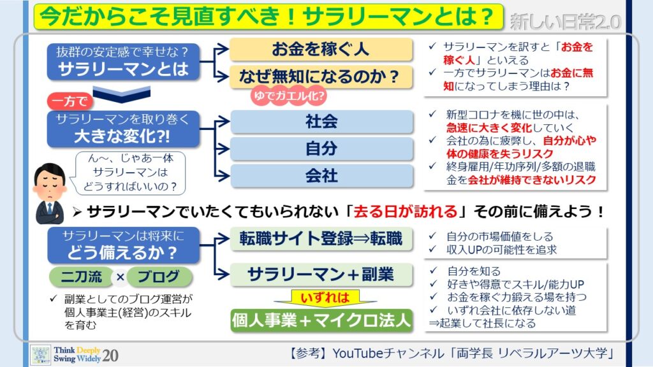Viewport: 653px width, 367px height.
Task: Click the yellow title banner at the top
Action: click(x=268, y=17)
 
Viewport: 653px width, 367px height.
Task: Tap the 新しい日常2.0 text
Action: click(x=565, y=22)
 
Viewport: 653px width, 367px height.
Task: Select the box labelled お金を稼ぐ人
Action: click(x=321, y=49)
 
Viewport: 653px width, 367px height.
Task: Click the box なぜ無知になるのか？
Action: click(x=321, y=76)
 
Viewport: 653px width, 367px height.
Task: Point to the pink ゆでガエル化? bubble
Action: click(x=289, y=96)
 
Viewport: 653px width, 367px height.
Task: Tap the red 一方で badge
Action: click(x=70, y=101)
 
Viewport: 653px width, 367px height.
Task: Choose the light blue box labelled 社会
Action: click(x=321, y=122)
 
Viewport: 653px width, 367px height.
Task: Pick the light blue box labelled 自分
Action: click(x=321, y=148)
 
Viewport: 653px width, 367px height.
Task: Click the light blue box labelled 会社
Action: click(x=321, y=176)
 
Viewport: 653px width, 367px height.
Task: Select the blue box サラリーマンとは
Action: click(x=123, y=62)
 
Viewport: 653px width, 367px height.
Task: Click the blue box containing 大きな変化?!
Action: click(x=123, y=129)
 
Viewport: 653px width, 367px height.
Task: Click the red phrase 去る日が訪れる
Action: click(x=405, y=212)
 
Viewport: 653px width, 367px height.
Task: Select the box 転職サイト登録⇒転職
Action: click(x=321, y=239)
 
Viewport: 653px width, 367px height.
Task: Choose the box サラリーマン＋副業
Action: click(x=321, y=275)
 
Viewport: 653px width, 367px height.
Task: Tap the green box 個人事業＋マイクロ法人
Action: click(x=321, y=320)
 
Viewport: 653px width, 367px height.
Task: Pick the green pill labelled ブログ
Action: click(x=159, y=277)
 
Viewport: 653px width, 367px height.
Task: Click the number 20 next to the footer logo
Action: click(x=110, y=356)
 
